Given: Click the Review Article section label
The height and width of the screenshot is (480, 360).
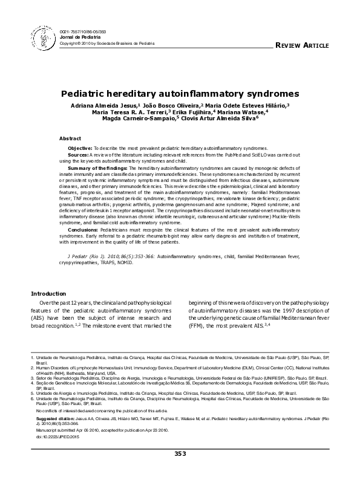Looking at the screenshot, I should coord(302,46).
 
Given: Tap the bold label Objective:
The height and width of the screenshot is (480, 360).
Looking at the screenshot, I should coord(79,148).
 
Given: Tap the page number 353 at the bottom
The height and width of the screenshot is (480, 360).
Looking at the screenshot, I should coord(180,470).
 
